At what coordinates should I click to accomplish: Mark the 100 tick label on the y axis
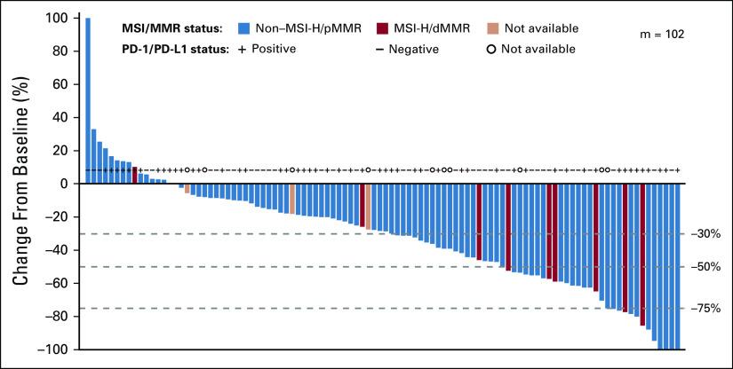pyautogui.click(x=58, y=18)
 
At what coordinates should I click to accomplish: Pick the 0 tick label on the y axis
pyautogui.click(x=66, y=184)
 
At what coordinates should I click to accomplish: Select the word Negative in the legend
pyautogui.click(x=412, y=49)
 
